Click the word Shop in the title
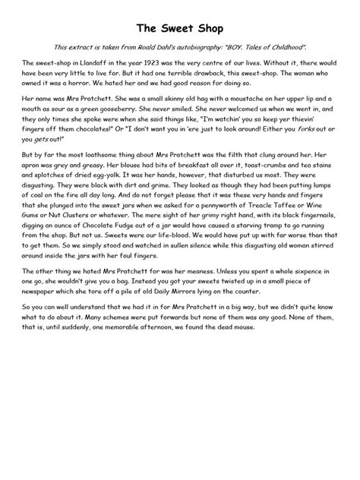(206, 29)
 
